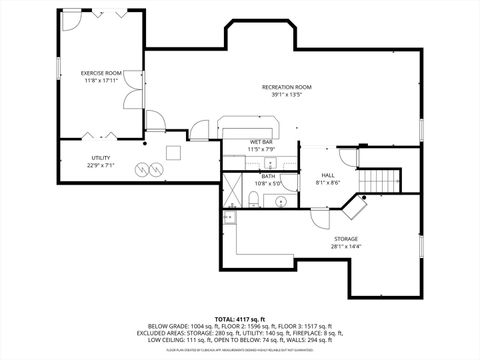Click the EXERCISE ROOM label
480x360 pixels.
(101, 73)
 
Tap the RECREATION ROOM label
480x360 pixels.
(287, 88)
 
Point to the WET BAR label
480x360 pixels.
(262, 143)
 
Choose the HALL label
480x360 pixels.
(326, 175)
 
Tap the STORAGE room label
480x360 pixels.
(347, 240)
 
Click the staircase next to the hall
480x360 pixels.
(378, 181)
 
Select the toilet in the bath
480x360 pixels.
(256, 202)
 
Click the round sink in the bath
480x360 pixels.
(280, 201)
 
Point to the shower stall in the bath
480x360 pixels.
(232, 189)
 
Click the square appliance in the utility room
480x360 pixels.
(173, 152)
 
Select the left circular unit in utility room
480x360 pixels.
(141, 167)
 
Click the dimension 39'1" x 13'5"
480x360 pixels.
(287, 95)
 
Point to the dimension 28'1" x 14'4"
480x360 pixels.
(347, 247)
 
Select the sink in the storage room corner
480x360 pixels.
(230, 217)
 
